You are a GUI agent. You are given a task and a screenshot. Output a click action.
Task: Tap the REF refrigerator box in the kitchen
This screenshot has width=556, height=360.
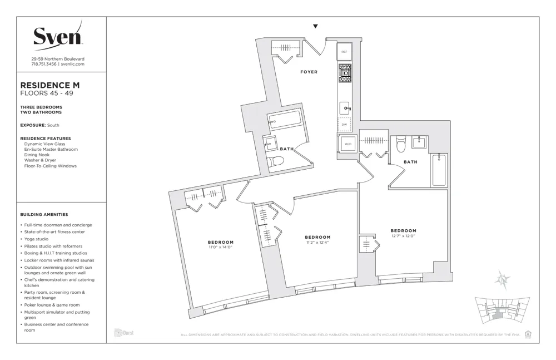tap(344, 52)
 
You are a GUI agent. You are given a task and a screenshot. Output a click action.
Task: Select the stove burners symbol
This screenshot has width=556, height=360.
tap(345, 72)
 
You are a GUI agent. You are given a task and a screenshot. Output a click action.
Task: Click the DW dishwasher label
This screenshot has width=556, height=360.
tap(344, 124)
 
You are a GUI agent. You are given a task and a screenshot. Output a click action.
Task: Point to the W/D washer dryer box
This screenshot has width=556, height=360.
tap(348, 145)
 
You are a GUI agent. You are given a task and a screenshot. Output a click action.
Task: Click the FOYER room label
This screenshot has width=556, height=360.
tap(309, 72)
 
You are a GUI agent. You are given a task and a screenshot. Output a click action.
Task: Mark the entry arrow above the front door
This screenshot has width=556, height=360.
tap(315, 26)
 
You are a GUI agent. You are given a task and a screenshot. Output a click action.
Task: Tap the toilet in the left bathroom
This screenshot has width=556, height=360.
tap(276, 161)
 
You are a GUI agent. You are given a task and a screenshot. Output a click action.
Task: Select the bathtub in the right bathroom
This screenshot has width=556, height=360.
tap(439, 169)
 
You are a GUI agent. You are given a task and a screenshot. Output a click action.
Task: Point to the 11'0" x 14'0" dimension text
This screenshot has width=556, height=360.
tap(221, 247)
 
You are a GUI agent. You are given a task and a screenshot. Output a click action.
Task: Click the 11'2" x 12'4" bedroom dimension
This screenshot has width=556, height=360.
tap(317, 242)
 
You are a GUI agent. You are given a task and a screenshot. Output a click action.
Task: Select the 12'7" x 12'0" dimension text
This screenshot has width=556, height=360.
tap(403, 236)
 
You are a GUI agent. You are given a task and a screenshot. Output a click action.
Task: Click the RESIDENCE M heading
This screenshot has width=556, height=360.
tap(50, 85)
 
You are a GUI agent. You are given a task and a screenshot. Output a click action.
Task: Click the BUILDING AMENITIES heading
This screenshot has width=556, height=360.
tap(44, 214)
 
